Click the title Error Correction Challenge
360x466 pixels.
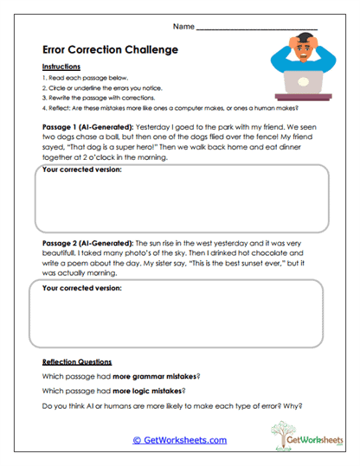pyautogui.click(x=110, y=49)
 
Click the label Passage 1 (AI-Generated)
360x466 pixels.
pyautogui.click(x=87, y=125)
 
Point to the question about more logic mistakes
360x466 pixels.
pyautogui.click(x=120, y=391)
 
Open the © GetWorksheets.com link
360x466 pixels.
pyautogui.click(x=180, y=440)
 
